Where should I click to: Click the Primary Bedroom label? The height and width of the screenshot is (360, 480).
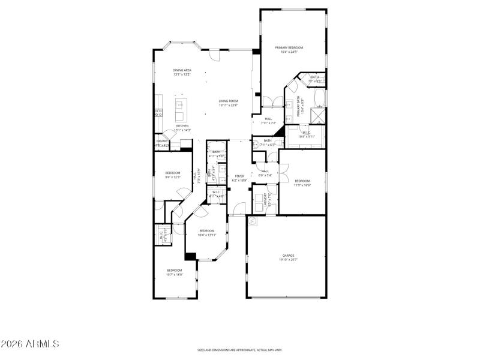click(289, 49)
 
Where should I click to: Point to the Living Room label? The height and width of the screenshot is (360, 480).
click(228, 103)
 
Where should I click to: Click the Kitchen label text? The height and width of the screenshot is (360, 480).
click(182, 128)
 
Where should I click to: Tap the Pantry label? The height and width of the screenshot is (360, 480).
click(162, 143)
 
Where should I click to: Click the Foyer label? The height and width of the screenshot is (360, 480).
click(239, 178)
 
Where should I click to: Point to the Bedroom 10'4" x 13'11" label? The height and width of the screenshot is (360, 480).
click(206, 233)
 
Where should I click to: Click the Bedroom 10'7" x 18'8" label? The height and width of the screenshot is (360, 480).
click(174, 272)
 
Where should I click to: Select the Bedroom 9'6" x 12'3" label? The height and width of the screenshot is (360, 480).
click(173, 175)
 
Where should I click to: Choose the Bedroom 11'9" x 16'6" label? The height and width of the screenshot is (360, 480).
click(302, 182)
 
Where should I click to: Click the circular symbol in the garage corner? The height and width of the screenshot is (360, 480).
click(253, 221)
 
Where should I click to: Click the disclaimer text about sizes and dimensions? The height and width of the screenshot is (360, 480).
click(240, 350)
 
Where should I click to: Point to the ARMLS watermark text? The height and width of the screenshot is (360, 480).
click(30, 344)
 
